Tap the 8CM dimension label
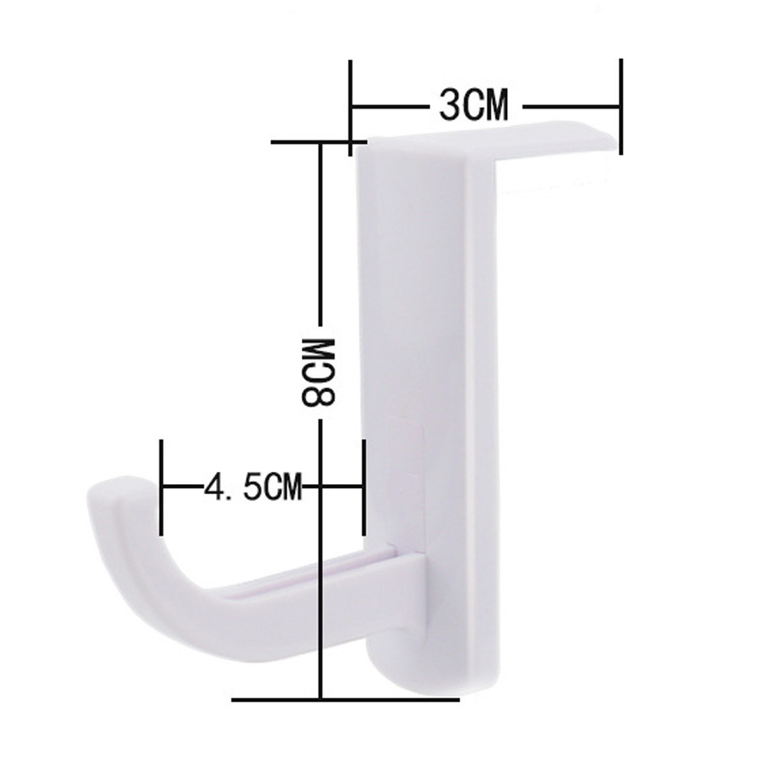318,372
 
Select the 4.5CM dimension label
253,486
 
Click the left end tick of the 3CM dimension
350,108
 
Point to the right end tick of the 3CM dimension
620,106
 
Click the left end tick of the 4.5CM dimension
162,487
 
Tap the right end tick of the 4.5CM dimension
363,487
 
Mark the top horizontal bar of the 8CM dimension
319,142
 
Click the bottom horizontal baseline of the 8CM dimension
345,700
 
